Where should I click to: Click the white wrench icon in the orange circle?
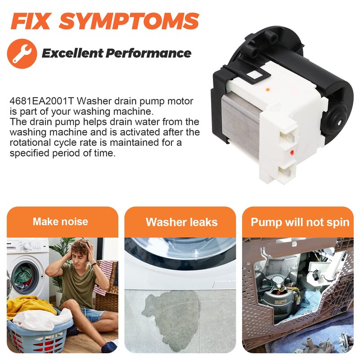[x=22, y=54]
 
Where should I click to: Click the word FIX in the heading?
[x=30, y=21]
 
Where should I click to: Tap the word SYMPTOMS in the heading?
[x=129, y=21]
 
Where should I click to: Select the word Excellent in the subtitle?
[x=72, y=53]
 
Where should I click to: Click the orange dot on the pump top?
[x=267, y=90]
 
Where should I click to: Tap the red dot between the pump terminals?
[x=292, y=153]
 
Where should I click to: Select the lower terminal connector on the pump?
[x=287, y=171]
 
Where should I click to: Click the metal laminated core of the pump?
[x=241, y=126]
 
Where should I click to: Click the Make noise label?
[x=60, y=222]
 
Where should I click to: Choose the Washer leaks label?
[x=182, y=222]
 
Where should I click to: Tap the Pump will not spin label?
[x=300, y=222]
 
